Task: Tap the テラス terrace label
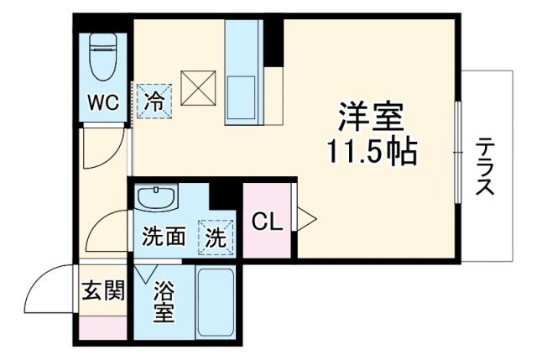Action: [485, 167]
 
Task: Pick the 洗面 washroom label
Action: [163, 237]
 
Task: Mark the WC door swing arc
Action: [101, 151]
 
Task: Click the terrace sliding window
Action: [458, 151]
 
